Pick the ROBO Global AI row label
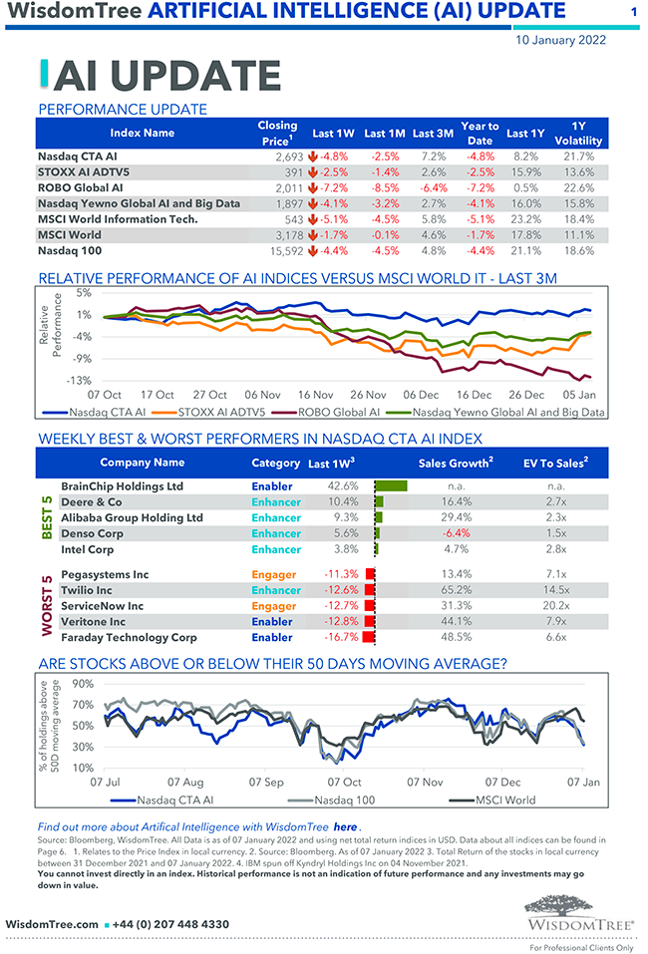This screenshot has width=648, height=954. tap(80, 187)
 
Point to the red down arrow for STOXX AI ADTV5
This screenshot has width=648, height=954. tap(313, 172)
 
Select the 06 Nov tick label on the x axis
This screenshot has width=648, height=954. tap(262, 395)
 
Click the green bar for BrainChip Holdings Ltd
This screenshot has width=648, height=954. tap(392, 486)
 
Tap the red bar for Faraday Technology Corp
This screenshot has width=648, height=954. tap(369, 637)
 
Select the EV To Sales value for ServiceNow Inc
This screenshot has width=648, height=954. tap(556, 605)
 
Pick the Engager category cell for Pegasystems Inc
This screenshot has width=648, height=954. tap(274, 574)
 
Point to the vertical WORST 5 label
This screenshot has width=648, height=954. tap(46, 605)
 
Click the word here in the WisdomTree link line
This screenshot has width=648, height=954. tap(345, 826)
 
